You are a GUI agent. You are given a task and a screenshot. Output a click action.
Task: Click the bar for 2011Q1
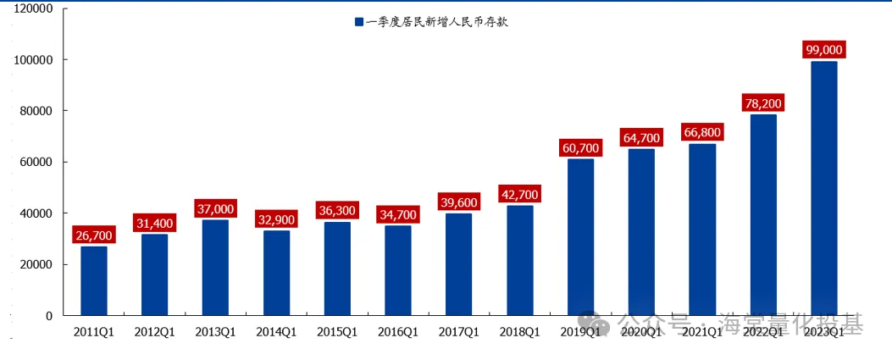[x=94, y=280]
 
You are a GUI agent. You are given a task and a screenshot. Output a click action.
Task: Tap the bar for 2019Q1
[x=580, y=237]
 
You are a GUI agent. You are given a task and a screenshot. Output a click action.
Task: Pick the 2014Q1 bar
[x=276, y=273]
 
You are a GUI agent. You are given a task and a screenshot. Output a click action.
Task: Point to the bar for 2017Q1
[x=459, y=264]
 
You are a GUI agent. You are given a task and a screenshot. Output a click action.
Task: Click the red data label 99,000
[x=824, y=50]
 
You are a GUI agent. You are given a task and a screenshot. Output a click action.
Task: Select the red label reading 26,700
[x=94, y=235]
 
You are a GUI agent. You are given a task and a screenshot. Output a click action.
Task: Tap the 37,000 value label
[x=215, y=208]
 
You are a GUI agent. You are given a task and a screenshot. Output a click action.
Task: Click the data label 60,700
[x=580, y=148]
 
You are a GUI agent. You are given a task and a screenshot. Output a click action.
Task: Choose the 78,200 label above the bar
[x=762, y=103]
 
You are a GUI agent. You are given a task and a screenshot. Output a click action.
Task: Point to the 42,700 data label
[x=519, y=194]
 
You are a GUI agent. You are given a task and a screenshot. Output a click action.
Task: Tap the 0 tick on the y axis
[x=49, y=315]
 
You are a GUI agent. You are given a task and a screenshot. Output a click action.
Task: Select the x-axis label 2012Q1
[x=154, y=332]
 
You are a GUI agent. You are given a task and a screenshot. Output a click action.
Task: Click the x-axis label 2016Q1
[x=398, y=332]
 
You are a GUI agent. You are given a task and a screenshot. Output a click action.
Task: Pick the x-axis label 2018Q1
[x=519, y=332]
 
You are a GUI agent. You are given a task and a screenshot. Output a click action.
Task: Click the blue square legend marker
[x=359, y=22]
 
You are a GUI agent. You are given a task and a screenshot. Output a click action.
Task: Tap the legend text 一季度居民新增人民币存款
[x=436, y=22]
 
